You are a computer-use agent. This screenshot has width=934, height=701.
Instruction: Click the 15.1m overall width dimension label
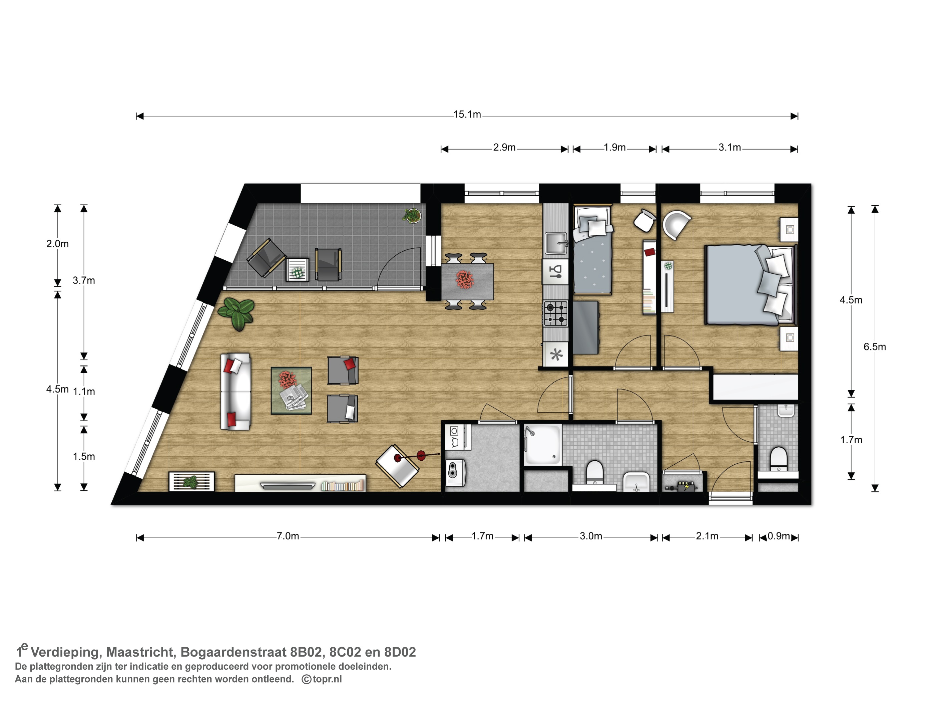[467, 114]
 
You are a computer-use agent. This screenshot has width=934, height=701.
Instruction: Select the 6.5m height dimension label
[875, 347]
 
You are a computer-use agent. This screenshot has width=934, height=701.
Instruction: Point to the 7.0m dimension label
[288, 536]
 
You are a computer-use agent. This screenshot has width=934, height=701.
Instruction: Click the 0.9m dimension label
[779, 536]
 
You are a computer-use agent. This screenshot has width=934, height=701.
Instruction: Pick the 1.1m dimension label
[84, 392]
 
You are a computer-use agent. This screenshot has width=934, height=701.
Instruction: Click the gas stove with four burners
[555, 313]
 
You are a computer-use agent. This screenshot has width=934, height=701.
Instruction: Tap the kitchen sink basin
[556, 243]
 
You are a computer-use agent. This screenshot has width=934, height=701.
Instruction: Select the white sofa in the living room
[235, 392]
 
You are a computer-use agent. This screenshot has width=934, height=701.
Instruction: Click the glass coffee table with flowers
[291, 391]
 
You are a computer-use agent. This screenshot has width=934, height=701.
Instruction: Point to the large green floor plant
[237, 313]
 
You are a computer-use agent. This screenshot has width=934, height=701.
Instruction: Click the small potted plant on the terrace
[412, 216]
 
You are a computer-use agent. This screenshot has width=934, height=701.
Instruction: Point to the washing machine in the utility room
[456, 473]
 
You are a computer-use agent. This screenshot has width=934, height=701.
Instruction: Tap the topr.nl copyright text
[322, 679]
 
